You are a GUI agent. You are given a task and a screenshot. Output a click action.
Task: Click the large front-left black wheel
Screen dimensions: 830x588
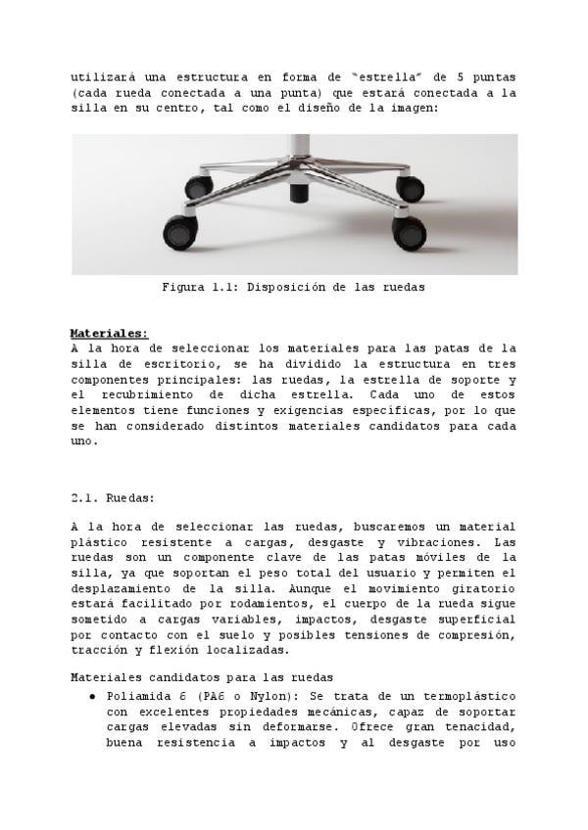[x=180, y=232]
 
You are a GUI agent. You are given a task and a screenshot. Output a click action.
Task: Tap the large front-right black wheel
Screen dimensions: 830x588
[x=409, y=232]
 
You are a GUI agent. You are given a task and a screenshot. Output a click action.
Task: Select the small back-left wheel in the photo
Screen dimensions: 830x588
[x=199, y=186]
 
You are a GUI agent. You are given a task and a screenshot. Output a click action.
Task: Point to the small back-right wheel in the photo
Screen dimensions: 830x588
[x=410, y=186]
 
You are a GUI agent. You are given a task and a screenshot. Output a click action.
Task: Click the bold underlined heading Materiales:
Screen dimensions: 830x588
[x=110, y=333]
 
